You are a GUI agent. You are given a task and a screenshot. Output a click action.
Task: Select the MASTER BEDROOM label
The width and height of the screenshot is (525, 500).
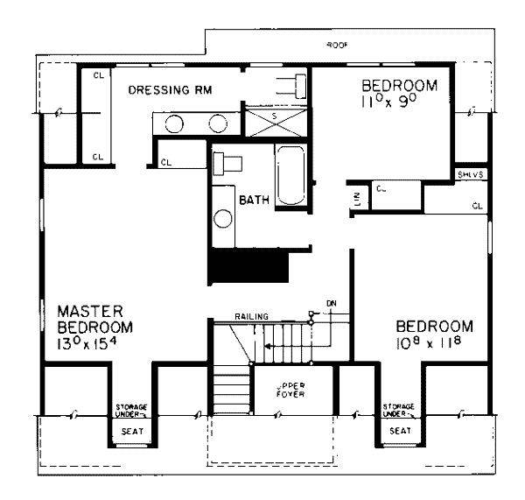[95, 319]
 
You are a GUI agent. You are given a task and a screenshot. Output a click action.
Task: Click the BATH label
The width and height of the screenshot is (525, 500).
[253, 201]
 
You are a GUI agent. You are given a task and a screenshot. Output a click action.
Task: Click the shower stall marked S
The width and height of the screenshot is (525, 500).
[275, 120]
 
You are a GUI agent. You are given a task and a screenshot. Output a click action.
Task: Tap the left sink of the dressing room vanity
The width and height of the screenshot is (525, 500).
[175, 123]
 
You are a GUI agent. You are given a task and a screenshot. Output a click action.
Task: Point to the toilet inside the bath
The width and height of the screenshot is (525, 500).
[229, 163]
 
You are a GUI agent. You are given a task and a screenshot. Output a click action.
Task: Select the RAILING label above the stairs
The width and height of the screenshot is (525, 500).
[252, 315]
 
